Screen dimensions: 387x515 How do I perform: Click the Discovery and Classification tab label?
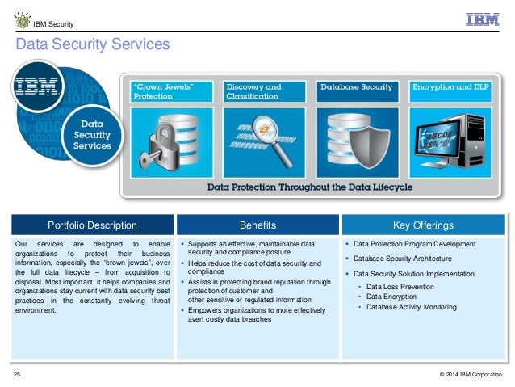click(253, 90)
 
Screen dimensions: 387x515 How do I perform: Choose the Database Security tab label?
click(356, 86)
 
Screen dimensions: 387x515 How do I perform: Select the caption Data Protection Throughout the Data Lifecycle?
click(310, 187)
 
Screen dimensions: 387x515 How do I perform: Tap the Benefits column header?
click(258, 225)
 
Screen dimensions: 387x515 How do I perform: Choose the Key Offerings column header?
click(422, 225)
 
